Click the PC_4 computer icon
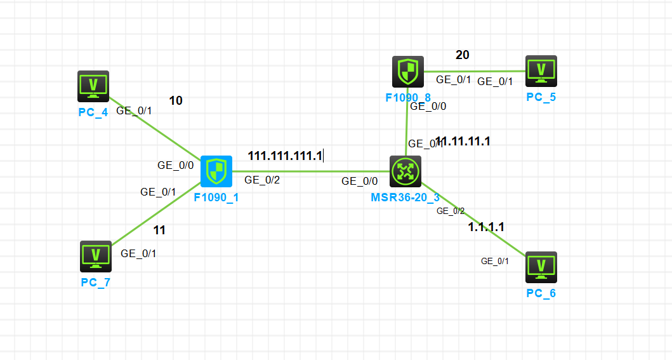(93, 86)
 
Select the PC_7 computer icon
(96, 256)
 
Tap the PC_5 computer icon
(541, 70)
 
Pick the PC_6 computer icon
(541, 267)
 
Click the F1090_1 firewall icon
(216, 171)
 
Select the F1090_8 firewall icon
(407, 71)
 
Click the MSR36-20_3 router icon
(405, 171)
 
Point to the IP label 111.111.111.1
(285, 156)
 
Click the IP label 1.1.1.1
(486, 227)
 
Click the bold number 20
(463, 55)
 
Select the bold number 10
(176, 100)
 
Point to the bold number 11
(159, 230)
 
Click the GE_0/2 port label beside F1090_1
(261, 180)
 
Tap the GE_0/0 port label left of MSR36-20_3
(360, 181)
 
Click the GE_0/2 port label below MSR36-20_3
(451, 211)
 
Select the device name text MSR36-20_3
(405, 197)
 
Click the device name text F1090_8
(407, 98)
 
